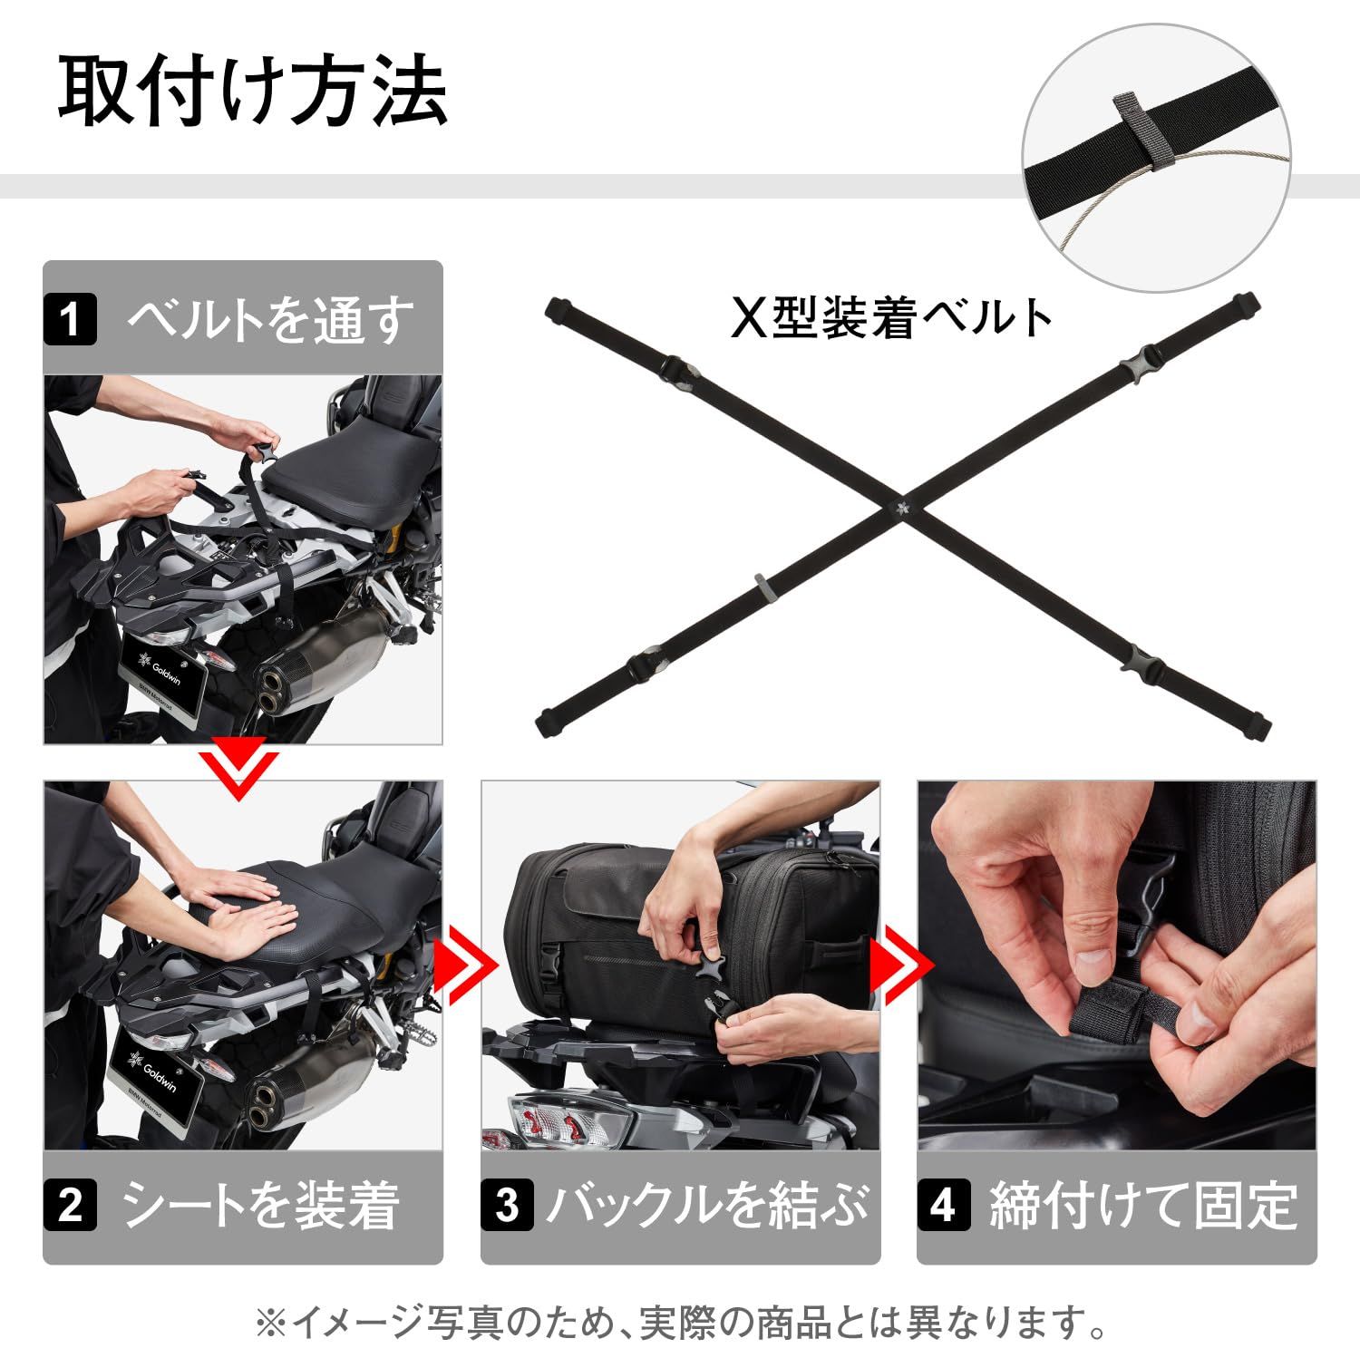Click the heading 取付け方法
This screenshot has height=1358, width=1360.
point(253,92)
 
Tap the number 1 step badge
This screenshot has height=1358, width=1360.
point(70,320)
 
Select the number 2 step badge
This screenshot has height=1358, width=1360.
point(70,1206)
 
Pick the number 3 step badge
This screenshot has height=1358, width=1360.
point(507,1206)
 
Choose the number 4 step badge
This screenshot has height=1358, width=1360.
point(943,1206)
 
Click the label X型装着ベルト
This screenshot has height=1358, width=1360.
point(892,319)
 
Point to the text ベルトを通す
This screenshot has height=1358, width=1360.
point(269,320)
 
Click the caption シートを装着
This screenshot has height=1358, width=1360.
point(261,1206)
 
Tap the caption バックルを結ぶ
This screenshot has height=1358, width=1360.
point(707,1206)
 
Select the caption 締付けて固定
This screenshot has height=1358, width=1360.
point(1143,1206)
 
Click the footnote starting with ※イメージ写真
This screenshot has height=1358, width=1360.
point(680,1324)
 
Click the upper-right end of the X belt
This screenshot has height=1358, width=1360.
point(1244,303)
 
